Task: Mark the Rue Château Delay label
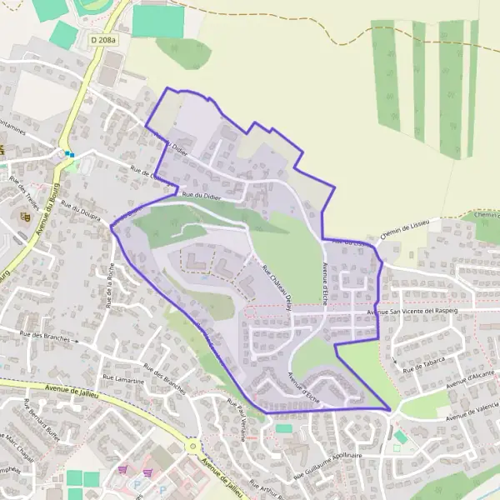coord(277,285)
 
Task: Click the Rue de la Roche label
coord(109,284)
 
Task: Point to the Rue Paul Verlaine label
coord(237,414)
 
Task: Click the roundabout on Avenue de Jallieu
coord(193,447)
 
